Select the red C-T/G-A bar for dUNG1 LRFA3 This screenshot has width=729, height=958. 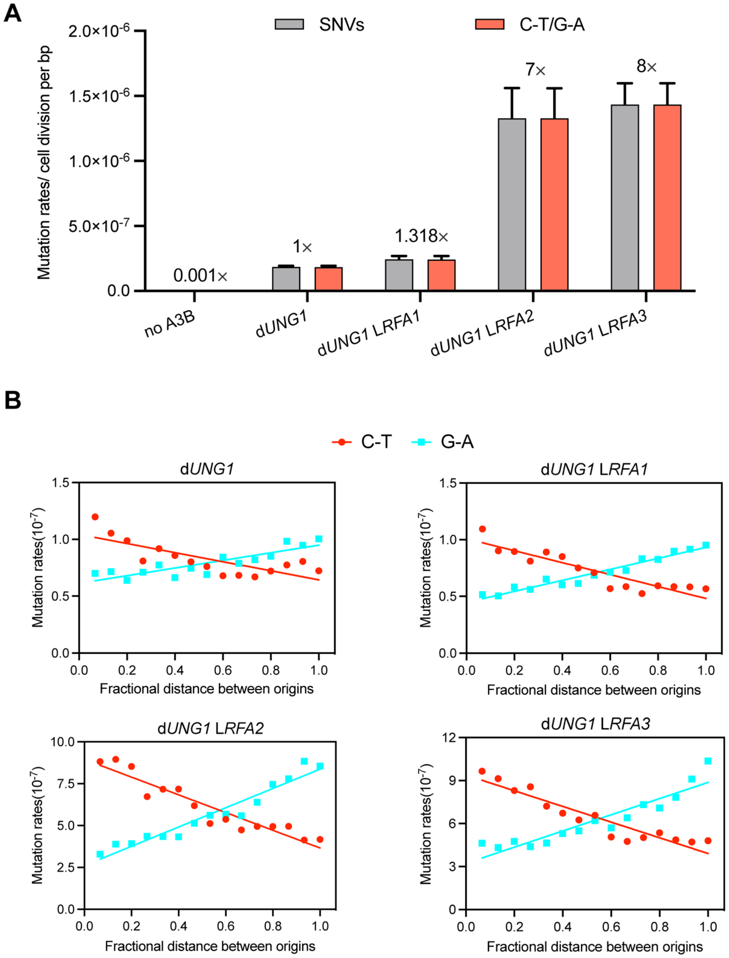coord(667,197)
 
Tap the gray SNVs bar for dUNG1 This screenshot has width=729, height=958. coord(286,279)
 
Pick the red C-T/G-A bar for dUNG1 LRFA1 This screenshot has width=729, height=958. coord(441,275)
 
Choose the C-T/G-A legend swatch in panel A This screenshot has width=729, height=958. coord(489,24)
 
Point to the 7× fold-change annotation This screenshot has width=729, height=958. coord(535,69)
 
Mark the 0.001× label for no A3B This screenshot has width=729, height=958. coord(200,275)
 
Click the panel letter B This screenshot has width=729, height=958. coord(13,400)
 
